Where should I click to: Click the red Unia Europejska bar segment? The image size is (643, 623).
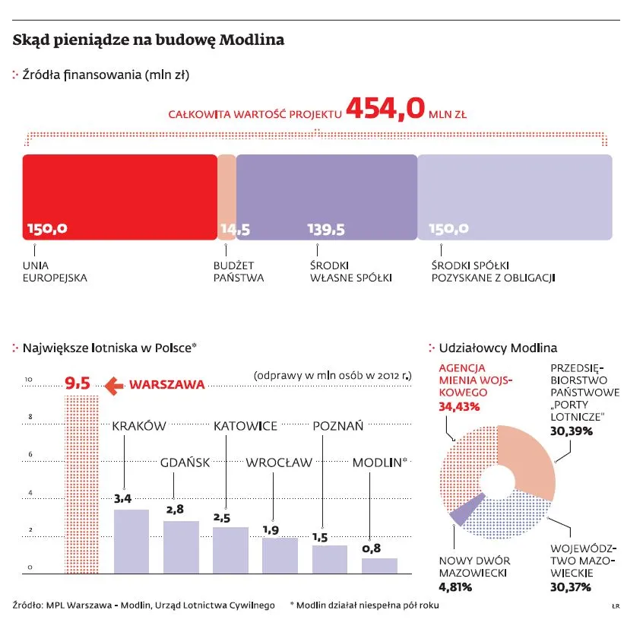click(119, 196)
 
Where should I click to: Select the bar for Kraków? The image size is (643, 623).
click(131, 541)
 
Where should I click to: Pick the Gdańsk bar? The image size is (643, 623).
click(181, 547)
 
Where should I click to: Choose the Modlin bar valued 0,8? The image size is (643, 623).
click(379, 565)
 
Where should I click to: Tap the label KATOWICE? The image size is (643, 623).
click(245, 426)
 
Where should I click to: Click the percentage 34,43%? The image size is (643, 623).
click(459, 406)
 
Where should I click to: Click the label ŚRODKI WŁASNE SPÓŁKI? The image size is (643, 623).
click(350, 272)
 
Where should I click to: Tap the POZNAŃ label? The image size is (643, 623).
click(338, 426)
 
